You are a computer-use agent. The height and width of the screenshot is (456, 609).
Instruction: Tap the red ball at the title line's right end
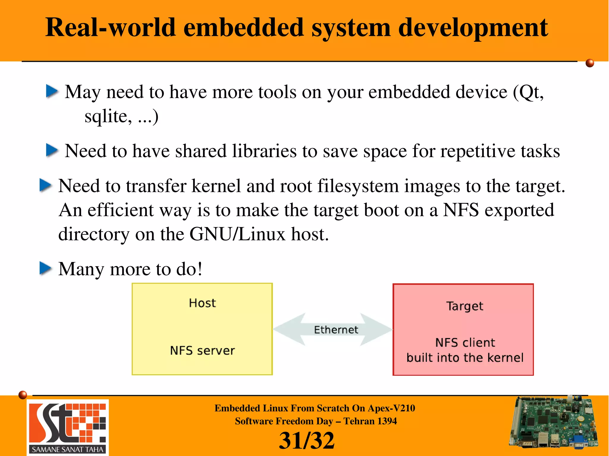coord(590,63)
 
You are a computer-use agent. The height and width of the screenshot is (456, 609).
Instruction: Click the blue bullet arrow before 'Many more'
coord(45,268)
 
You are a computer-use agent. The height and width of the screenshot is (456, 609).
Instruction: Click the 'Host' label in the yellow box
coord(202,303)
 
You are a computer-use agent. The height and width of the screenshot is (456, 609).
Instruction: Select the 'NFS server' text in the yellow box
coord(202,351)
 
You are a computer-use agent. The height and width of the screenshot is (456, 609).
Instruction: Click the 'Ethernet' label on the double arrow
coord(336,330)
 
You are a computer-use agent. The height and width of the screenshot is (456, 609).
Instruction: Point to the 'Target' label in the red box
coord(464,306)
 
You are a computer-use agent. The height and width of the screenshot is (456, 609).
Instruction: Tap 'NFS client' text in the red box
coord(465,343)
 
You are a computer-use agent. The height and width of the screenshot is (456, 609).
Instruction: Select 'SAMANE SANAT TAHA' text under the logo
coord(68,449)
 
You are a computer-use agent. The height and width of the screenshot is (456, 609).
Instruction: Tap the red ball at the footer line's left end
coord(23,395)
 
